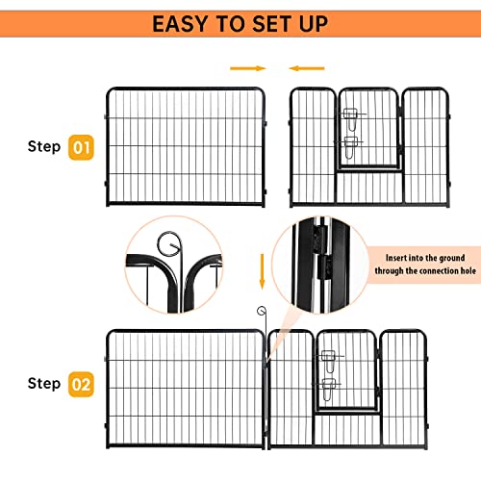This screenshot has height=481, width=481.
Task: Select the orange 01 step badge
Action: pyautogui.click(x=81, y=147)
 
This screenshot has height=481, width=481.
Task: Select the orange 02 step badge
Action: pyautogui.click(x=81, y=384)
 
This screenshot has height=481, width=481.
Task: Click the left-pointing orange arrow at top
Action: pyautogui.click(x=308, y=68)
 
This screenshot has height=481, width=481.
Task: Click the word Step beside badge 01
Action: pyautogui.click(x=43, y=147)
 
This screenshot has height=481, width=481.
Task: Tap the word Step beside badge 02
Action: pyautogui.click(x=43, y=384)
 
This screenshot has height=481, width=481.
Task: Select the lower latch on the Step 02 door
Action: pyautogui.click(x=329, y=387)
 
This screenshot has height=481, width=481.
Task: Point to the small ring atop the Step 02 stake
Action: pyautogui.click(x=260, y=310)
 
